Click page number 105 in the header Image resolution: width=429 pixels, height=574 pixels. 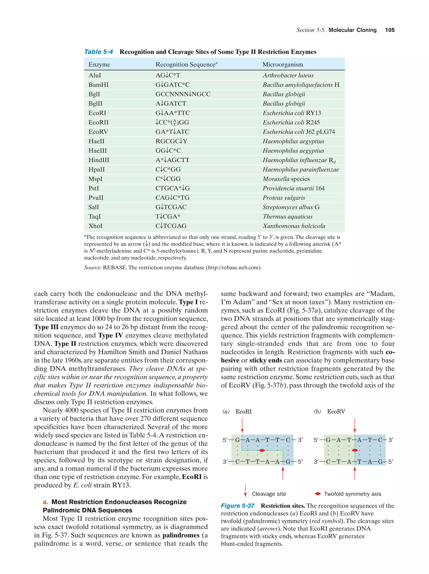tap(390, 30)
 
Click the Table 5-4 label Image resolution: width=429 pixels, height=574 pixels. tap(99, 52)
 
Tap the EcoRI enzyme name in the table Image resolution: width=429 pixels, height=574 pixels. tap(97, 113)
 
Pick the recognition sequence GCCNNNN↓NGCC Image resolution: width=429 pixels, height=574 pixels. tap(183, 94)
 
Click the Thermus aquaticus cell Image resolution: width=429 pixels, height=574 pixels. tap(287, 216)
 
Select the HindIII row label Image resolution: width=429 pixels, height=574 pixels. tap(99, 160)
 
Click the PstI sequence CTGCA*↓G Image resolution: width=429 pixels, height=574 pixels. tap(173, 188)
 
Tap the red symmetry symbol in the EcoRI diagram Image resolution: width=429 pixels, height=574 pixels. tap(262, 450)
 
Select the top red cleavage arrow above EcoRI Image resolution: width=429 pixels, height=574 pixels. tap(242, 425)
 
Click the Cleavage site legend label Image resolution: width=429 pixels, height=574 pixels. tap(269, 494)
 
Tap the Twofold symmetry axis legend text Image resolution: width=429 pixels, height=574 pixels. tap(353, 494)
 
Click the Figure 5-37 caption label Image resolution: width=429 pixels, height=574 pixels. tap(238, 506)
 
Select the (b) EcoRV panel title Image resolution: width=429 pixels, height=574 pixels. tap(329, 411)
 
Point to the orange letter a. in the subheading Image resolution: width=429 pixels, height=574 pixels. tap(45, 502)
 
